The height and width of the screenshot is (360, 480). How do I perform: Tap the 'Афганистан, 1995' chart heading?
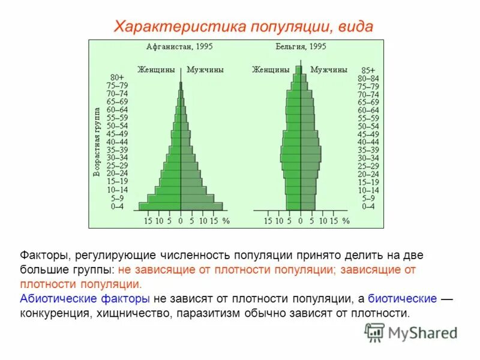coord(179,46)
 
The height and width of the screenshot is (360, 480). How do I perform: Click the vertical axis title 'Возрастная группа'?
coord(96,142)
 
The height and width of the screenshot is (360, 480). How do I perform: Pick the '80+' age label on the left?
coord(118,77)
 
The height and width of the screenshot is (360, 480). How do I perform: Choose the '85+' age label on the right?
coord(367,70)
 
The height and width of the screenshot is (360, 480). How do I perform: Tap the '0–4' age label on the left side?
coord(118,206)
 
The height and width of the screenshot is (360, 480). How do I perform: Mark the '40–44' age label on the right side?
coord(368,142)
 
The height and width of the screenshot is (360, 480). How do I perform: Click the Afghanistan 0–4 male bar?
coord(202,206)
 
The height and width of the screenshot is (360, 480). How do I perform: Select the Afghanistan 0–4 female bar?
coord(160,206)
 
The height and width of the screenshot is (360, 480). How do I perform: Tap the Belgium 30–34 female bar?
coord(290,158)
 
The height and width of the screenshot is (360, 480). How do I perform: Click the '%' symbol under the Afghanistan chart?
coord(226,221)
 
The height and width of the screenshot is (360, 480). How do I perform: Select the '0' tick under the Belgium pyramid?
coord(300,221)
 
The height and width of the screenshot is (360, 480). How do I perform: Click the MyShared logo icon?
coord(374,332)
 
